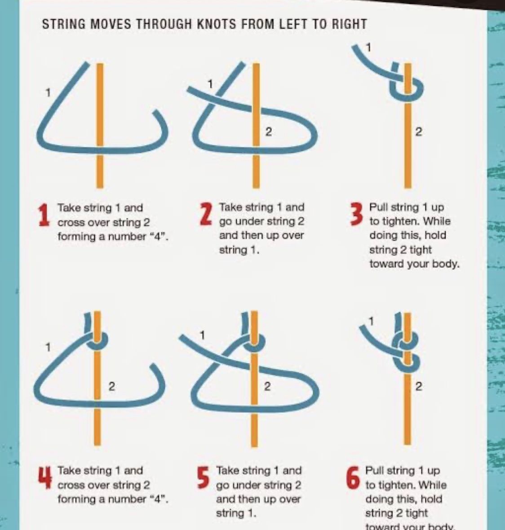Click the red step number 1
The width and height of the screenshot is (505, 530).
(x=43, y=215)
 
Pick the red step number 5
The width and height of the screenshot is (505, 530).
(x=204, y=477)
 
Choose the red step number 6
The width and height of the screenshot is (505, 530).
(x=353, y=477)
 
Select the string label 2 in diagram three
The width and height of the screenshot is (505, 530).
(x=418, y=132)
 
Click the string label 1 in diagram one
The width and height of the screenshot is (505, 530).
(x=49, y=92)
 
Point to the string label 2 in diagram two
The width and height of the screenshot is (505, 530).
(x=268, y=132)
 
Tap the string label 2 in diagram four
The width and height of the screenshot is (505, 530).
(x=111, y=386)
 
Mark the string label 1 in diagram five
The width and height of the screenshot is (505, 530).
(x=202, y=336)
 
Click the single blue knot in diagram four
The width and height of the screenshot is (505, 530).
(x=97, y=341)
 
